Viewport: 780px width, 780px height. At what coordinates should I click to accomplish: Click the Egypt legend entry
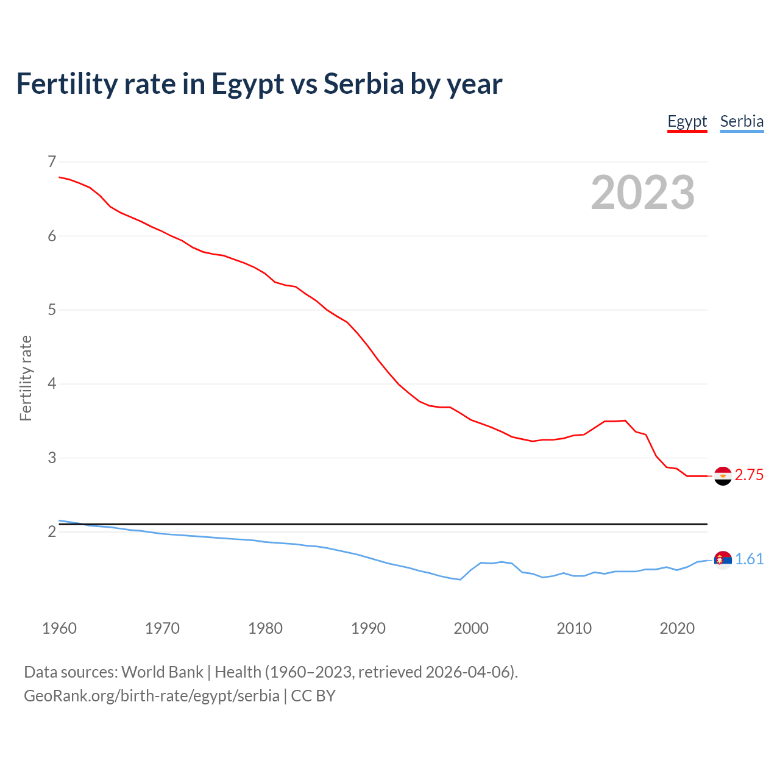point(687,121)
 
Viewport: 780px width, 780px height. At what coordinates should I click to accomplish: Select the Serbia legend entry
point(742,121)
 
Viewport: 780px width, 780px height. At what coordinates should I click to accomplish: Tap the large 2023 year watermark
point(643,193)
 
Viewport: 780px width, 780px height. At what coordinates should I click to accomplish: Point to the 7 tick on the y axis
point(52,161)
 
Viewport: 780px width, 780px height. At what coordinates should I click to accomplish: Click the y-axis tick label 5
point(52,310)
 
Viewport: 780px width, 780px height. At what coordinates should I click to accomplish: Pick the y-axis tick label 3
point(52,458)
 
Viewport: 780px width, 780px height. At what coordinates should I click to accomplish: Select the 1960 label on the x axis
point(59,628)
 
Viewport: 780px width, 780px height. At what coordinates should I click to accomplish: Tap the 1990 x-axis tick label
point(368,628)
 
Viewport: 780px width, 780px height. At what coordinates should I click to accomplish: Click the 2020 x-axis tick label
point(677,628)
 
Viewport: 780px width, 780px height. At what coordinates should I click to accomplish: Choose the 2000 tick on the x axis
point(471,628)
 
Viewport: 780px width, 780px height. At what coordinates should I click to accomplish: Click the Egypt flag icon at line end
point(723,476)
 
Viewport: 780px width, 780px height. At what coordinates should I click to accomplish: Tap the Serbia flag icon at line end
point(723,559)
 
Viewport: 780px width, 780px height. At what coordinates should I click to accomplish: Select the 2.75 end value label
point(749,475)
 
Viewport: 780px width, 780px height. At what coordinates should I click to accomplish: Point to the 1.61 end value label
point(749,559)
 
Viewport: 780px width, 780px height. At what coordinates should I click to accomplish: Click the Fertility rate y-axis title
point(26,378)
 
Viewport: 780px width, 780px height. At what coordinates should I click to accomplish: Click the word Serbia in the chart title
point(364,84)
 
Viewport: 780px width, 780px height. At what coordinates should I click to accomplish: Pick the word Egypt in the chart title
point(247,84)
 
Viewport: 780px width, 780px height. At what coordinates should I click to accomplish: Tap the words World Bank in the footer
point(162,672)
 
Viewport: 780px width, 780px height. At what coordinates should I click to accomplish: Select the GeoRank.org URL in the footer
point(152,696)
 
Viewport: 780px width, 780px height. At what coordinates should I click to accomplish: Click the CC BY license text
point(313,696)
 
